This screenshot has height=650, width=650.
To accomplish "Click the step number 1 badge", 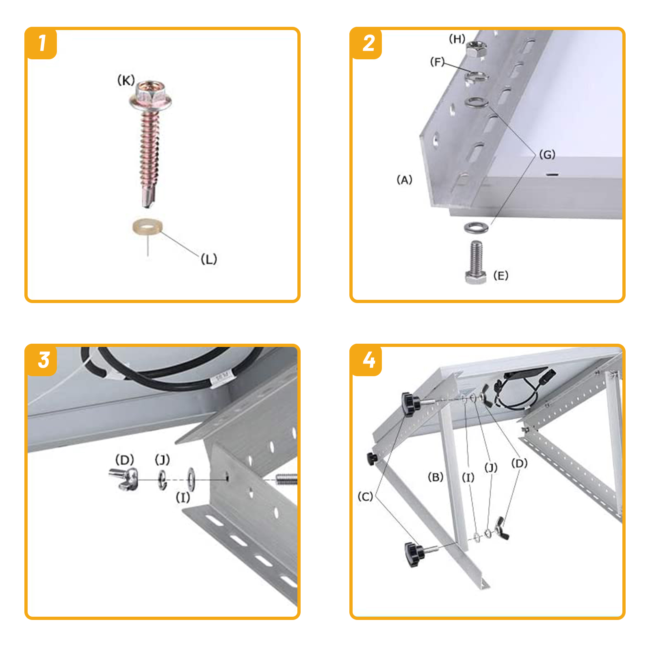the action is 41,43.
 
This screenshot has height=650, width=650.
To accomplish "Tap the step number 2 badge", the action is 366,43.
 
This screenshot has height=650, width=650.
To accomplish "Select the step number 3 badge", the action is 41,360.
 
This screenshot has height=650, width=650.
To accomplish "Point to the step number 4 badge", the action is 366,360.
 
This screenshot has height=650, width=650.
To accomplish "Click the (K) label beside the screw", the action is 126,80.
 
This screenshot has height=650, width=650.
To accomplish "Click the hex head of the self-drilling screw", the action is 151,96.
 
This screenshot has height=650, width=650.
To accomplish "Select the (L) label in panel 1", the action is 209,259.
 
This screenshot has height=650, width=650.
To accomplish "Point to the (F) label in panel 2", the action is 437,62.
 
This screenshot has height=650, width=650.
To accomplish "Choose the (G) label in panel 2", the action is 547,154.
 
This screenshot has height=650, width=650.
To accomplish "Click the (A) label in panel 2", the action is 404,180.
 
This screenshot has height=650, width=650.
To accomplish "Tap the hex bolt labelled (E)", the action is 476,262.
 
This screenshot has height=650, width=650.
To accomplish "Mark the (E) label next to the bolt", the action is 500,275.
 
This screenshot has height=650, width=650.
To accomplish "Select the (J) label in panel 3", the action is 162,459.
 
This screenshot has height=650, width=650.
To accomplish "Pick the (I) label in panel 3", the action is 183,497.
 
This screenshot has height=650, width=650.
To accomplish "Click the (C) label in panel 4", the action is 365,496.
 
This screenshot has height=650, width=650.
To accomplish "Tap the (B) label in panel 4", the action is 435,477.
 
